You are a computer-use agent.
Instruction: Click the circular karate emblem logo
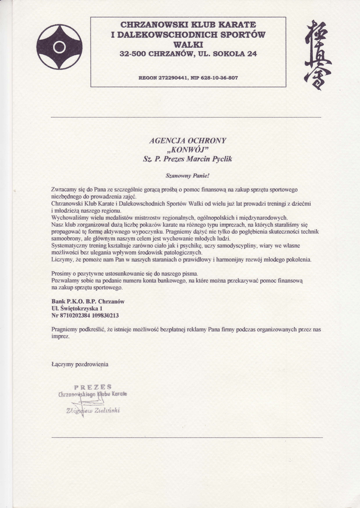(60, 47)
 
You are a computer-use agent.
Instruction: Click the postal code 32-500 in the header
(133, 54)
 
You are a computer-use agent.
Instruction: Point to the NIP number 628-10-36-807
(219, 78)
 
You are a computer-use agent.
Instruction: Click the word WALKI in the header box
(188, 44)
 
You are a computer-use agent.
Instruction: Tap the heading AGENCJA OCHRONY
(187, 140)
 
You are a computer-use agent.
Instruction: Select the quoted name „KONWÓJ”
(188, 150)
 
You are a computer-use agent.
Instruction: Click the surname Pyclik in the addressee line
(218, 159)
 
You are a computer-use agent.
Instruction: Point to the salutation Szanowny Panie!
(188, 176)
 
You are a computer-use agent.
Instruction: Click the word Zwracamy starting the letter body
(64, 190)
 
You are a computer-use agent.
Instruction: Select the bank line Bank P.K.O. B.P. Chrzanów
(88, 301)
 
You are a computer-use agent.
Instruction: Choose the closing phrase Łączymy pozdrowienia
(80, 364)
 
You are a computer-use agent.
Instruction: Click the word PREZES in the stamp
(92, 387)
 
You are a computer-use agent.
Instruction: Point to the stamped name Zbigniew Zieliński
(93, 410)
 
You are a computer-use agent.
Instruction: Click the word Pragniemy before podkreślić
(66, 329)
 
